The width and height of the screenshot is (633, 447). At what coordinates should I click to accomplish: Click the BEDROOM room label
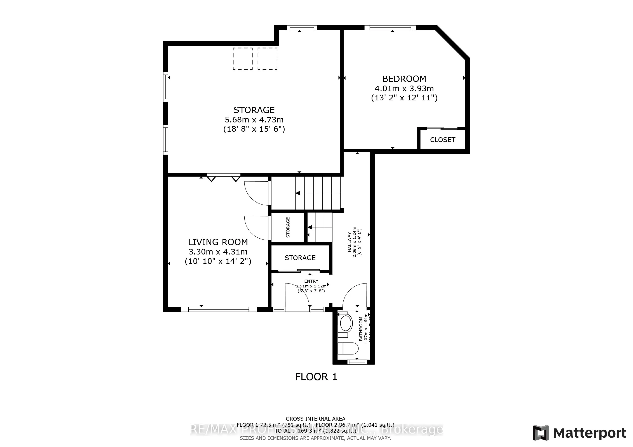[404, 79]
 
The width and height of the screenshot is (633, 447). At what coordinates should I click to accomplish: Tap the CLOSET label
[442, 140]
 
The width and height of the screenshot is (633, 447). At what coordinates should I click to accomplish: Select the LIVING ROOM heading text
[218, 242]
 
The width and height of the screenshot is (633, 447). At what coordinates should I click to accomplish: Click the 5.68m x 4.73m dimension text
[254, 120]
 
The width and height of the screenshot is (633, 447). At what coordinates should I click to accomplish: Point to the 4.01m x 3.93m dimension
[404, 89]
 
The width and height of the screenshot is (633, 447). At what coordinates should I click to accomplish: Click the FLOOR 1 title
[316, 377]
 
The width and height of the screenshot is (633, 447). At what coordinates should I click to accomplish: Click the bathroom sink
[346, 323]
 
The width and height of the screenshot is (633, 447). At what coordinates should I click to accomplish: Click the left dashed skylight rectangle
[243, 59]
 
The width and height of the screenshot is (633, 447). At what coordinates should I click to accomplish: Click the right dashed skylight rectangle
[267, 59]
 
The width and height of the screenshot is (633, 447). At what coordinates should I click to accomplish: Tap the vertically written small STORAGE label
[288, 227]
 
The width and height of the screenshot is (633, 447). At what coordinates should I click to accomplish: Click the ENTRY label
[311, 281]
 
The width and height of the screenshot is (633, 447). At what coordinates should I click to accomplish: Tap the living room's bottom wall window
[219, 309]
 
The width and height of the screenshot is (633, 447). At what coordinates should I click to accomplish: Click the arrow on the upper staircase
[298, 193]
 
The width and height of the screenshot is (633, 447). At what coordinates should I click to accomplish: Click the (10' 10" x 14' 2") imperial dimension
[218, 261]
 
